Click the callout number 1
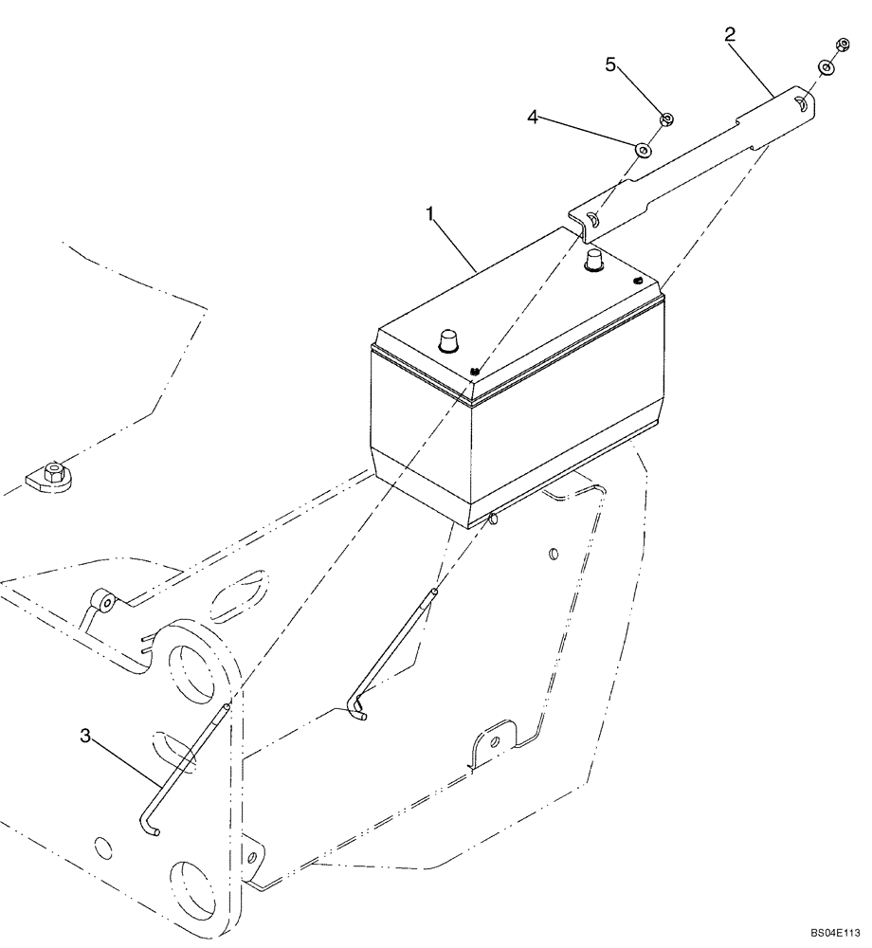(431, 216)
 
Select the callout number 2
(729, 36)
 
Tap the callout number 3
(86, 736)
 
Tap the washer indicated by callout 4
(645, 148)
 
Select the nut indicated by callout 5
(665, 118)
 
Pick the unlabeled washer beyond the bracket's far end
(826, 67)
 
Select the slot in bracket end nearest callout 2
(802, 105)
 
